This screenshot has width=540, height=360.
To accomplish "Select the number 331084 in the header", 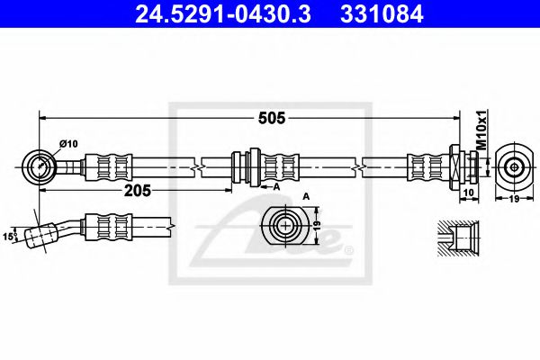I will tap(382, 14).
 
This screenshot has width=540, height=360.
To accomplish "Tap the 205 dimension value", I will tap(137, 191).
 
